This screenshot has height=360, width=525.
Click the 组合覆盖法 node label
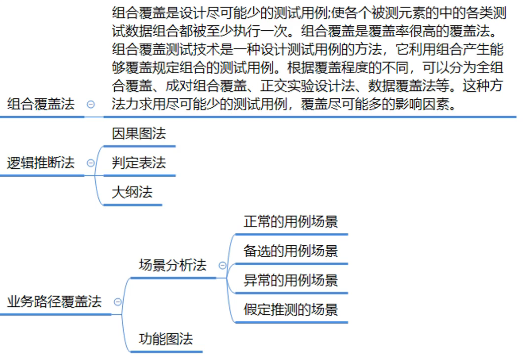click(41, 104)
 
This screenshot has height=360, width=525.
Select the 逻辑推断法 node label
click(41, 162)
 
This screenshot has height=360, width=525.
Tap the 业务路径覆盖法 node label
click(54, 301)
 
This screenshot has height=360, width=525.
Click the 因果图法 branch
click(139, 134)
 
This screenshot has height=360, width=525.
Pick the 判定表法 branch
click(139, 162)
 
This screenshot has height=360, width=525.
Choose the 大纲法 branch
click(132, 192)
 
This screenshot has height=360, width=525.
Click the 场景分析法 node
click(172, 265)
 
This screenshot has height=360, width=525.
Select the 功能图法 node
click(166, 339)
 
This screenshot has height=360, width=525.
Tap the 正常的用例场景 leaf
click(291, 221)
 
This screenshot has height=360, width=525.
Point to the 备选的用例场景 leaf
click(291, 251)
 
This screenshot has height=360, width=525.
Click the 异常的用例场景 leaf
click(291, 280)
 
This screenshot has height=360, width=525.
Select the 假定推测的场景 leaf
click(291, 310)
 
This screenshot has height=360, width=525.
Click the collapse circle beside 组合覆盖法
click(91, 104)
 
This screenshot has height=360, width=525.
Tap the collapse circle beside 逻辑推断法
click(91, 162)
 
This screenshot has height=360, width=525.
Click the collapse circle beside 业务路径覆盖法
click(118, 301)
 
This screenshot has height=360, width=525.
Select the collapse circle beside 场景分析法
click(223, 266)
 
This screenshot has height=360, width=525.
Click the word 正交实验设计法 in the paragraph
click(307, 86)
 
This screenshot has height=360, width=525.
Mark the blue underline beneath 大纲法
click(132, 204)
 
